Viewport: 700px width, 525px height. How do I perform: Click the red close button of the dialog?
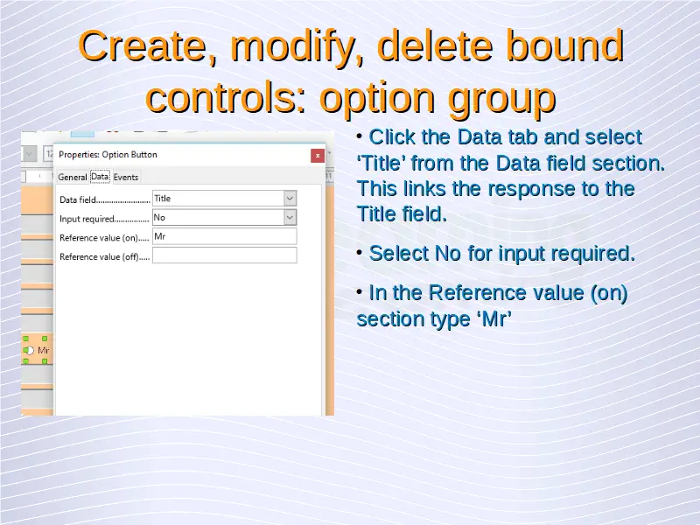tap(318, 156)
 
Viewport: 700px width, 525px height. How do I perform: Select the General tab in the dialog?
tap(73, 178)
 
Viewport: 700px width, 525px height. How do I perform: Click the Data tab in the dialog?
tap(100, 177)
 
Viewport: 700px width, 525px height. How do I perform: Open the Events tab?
tap(126, 178)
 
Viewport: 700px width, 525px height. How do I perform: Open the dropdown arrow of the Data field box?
tap(290, 199)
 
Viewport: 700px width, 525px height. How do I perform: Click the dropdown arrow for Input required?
tap(290, 217)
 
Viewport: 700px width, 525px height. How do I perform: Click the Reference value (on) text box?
tap(225, 236)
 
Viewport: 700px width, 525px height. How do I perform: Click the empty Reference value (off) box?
tap(225, 255)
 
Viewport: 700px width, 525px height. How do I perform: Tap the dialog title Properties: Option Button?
tap(108, 155)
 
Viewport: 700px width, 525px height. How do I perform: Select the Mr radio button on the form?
tap(29, 351)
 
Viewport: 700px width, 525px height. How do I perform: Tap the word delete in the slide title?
tap(435, 46)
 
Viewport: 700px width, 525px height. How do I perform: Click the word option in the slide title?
tap(377, 99)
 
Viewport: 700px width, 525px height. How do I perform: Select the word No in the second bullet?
tap(448, 254)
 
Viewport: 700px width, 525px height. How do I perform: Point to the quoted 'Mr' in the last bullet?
tap(494, 319)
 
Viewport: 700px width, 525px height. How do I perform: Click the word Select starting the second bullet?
tap(399, 254)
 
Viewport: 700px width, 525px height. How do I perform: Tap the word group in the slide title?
tap(501, 99)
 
